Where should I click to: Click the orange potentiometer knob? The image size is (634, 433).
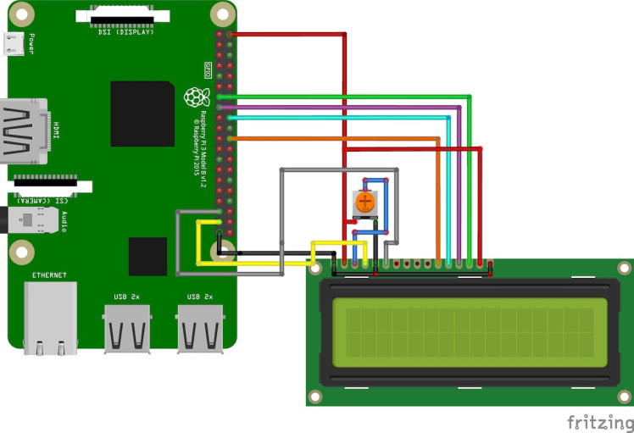coord(364,202)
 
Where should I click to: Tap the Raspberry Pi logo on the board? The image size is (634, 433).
coord(196,97)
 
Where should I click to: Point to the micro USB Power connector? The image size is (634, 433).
coord(14,43)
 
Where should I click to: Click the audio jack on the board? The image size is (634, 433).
coord(34,220)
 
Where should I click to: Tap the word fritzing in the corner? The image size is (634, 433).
coord(598,421)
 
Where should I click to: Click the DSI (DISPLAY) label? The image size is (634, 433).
coord(127,32)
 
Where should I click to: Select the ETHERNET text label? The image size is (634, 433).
coord(50,275)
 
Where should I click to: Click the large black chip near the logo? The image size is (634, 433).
coord(142,114)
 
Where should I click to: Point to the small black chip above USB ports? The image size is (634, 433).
coord(147,256)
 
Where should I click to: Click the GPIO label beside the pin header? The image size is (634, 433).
coord(208,68)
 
